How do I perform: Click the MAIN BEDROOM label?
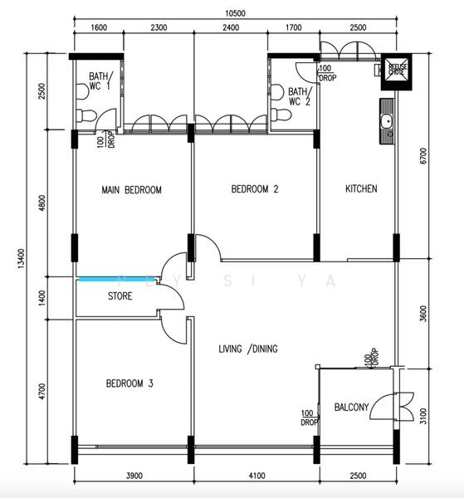click(x=131, y=190)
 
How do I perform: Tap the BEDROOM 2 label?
click(x=254, y=190)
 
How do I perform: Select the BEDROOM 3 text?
click(x=129, y=383)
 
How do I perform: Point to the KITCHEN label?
click(x=361, y=189)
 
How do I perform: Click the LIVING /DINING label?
click(x=247, y=348)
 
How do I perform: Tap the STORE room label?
click(x=120, y=296)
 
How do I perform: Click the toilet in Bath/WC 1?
click(x=84, y=115)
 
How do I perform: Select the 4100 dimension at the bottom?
click(x=256, y=476)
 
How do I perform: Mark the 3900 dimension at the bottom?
click(x=134, y=476)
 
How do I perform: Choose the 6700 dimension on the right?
click(x=423, y=157)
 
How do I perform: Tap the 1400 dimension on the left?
click(x=42, y=296)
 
